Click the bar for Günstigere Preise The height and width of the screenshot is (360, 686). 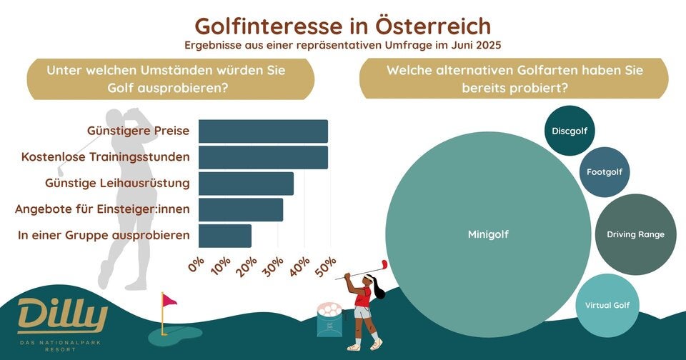263,131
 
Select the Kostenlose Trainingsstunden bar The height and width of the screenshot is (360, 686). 263,157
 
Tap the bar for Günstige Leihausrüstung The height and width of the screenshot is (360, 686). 246,184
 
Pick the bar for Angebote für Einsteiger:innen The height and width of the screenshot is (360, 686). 241,209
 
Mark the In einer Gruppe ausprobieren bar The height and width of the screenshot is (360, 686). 225,236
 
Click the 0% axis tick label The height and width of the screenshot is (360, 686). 197,266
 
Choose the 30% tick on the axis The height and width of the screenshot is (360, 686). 275,266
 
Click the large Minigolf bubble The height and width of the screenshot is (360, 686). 488,234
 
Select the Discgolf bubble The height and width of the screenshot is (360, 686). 569,131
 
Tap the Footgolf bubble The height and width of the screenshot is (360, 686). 605,172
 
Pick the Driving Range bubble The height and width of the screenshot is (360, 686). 635,234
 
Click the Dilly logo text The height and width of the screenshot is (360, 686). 62,314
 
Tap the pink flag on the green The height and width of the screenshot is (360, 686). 169,301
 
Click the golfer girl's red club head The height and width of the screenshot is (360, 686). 384,264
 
